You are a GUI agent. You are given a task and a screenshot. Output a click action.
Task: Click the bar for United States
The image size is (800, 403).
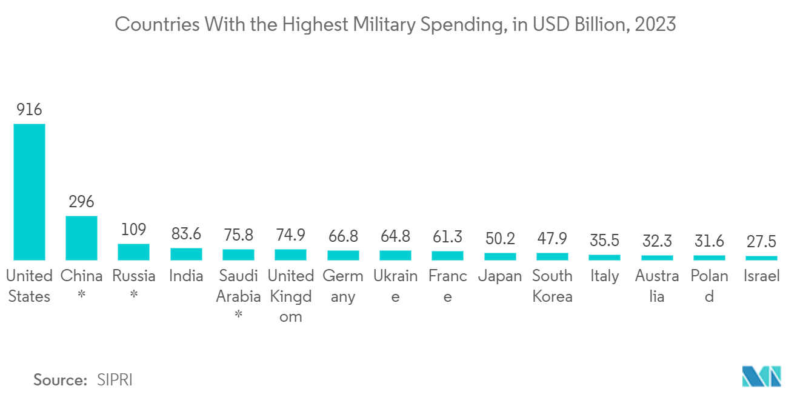[x=29, y=192]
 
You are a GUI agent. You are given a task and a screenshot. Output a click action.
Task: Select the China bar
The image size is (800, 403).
[x=81, y=238]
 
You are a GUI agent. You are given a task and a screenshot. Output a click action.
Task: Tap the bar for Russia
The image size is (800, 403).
[x=133, y=252]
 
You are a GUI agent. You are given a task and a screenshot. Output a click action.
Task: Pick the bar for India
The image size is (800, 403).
[x=186, y=255]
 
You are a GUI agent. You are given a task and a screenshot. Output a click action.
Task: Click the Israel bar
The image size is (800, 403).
[x=761, y=258]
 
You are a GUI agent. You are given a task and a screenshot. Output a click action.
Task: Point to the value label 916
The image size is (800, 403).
[x=29, y=110]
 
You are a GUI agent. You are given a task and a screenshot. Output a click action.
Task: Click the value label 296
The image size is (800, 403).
[x=81, y=202]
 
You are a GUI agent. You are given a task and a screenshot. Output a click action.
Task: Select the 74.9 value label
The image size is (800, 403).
[x=290, y=235]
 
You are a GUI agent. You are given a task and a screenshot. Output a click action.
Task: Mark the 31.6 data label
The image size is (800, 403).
[x=709, y=241]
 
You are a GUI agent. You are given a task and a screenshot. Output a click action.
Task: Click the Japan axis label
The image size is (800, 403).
[x=500, y=276]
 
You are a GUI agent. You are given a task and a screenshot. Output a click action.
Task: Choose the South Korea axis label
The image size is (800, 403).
[x=552, y=286]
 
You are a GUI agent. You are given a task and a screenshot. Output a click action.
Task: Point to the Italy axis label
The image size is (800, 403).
[x=604, y=276]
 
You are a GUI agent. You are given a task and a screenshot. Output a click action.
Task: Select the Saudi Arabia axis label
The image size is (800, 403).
[x=238, y=286]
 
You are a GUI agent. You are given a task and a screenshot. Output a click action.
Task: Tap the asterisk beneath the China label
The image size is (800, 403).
[x=81, y=297]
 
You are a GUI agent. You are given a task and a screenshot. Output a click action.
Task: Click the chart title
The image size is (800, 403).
[x=395, y=25]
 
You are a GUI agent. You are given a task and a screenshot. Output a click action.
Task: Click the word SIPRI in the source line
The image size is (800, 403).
[x=115, y=380]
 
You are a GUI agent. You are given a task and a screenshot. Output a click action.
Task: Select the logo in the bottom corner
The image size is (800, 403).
[x=761, y=376]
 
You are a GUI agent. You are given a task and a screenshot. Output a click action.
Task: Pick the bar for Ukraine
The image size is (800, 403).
[x=395, y=256]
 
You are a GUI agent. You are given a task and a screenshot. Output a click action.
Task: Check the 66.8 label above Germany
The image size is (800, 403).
[x=343, y=235]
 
